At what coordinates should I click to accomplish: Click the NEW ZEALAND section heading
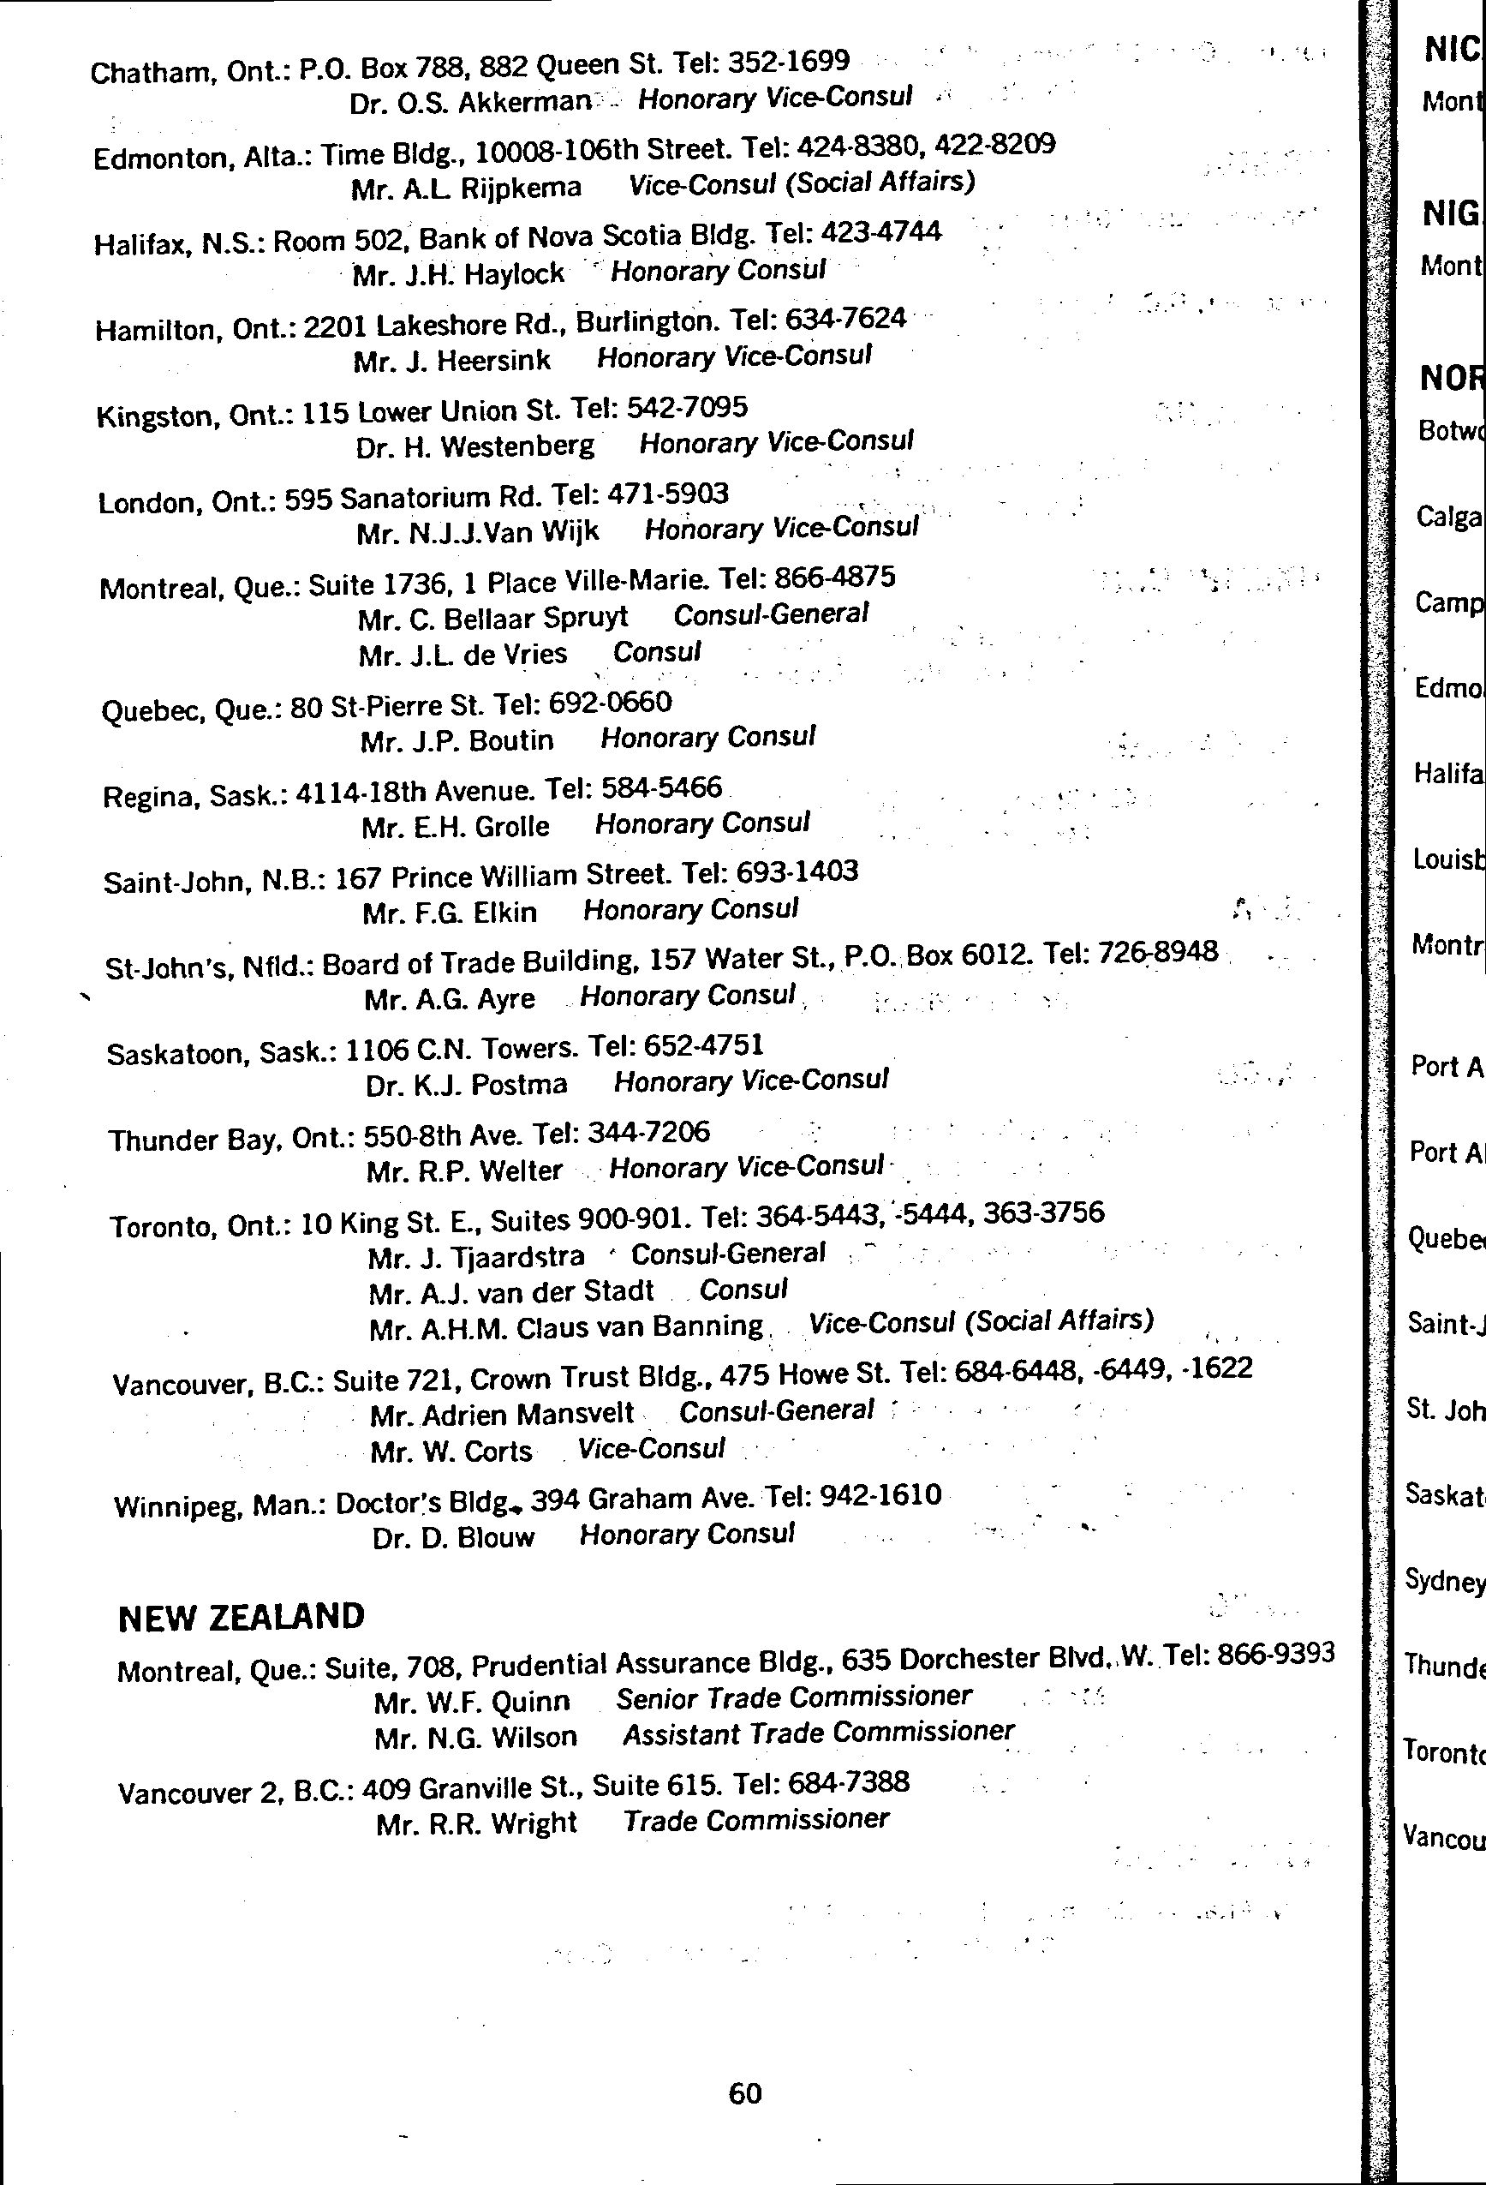coord(241,1617)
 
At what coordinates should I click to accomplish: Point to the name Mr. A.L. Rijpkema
coord(466,188)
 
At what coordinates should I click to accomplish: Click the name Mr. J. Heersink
coord(452,360)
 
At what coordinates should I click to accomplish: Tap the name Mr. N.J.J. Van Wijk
coord(477,533)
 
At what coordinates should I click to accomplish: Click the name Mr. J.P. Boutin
coord(457,741)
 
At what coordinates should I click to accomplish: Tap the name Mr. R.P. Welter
coord(464,1171)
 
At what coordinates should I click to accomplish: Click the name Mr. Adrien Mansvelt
coord(502,1415)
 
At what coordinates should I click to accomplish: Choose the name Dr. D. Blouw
coord(453,1537)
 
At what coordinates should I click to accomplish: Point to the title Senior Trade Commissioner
coord(793,1697)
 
